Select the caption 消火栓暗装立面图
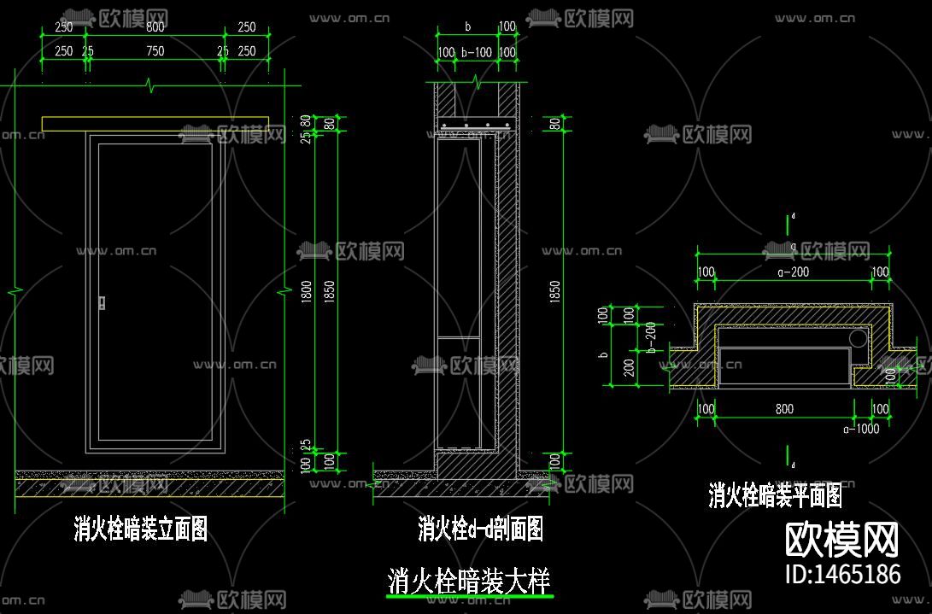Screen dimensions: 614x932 pyautogui.click(x=141, y=529)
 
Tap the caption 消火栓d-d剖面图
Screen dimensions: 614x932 pyautogui.click(x=480, y=529)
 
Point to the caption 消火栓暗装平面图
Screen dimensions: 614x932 pyautogui.click(x=775, y=495)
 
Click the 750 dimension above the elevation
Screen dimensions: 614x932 pyautogui.click(x=155, y=51)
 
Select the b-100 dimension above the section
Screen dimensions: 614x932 pyautogui.click(x=476, y=53)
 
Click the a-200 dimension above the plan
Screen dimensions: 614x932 pyautogui.click(x=793, y=272)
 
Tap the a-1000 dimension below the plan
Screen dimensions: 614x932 pyautogui.click(x=860, y=429)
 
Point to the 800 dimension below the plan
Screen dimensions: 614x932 pyautogui.click(x=784, y=409)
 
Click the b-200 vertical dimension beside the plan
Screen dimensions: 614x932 pyautogui.click(x=651, y=337)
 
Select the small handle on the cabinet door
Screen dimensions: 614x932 pyautogui.click(x=103, y=302)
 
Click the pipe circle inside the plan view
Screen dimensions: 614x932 pyautogui.click(x=857, y=339)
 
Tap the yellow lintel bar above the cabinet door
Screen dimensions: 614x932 pyautogui.click(x=155, y=125)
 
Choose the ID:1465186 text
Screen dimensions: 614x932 pyautogui.click(x=841, y=574)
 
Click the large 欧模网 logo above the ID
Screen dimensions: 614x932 pyautogui.click(x=841, y=540)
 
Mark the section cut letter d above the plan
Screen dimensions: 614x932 pyautogui.click(x=794, y=217)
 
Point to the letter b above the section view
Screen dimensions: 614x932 pyautogui.click(x=467, y=26)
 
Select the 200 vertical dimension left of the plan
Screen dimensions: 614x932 pyautogui.click(x=629, y=368)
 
